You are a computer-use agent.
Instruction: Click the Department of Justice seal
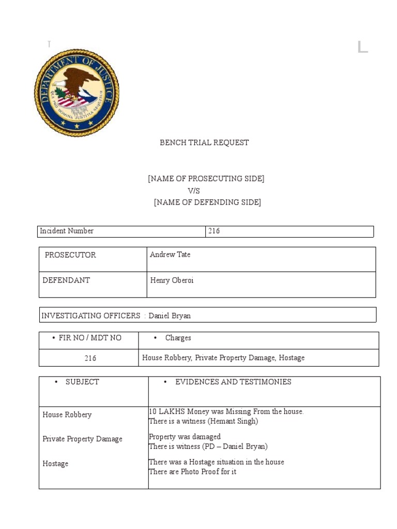77,93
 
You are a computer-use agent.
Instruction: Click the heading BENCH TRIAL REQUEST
204,143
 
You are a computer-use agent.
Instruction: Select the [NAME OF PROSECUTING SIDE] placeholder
206,179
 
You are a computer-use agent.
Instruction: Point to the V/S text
194,191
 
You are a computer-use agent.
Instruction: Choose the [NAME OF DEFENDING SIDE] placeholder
207,203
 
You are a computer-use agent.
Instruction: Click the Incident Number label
67,231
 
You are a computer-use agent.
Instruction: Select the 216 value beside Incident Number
214,231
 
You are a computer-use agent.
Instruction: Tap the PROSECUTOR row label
70,255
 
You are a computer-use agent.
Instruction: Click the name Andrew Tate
170,254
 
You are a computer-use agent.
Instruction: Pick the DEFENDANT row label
66,280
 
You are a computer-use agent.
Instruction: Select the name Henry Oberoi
172,280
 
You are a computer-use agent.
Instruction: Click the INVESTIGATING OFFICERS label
90,316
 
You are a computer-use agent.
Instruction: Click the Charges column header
178,338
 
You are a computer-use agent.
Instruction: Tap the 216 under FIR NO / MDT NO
90,358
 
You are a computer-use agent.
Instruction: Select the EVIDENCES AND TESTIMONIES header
233,382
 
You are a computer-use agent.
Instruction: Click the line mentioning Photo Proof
192,472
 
